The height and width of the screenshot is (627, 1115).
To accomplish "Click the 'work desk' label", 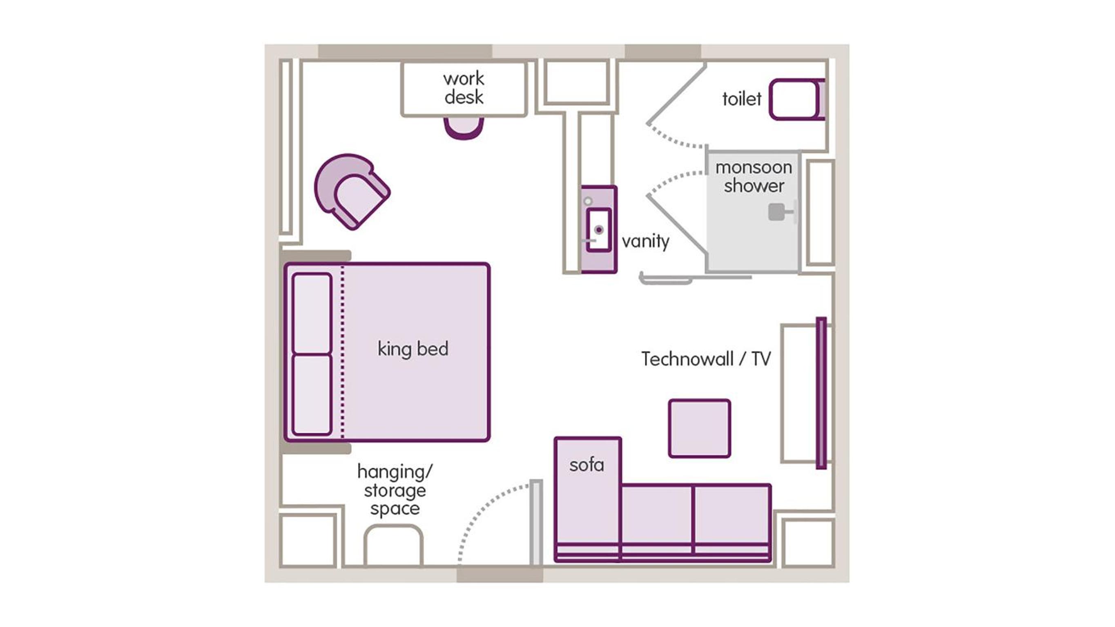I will point(464,88).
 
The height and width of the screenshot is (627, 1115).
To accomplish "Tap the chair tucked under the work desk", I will point(464,128).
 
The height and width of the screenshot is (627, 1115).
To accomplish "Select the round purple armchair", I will point(352,191).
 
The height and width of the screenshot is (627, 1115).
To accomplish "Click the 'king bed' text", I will point(413,349).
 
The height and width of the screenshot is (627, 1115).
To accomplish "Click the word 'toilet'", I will point(741,99).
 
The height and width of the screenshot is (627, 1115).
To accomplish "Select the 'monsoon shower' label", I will point(754,176).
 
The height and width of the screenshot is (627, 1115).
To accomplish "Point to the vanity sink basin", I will point(599,230).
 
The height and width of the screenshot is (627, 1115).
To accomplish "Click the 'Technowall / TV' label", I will point(705,359).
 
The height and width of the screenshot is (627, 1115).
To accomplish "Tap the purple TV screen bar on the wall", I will point(821,393).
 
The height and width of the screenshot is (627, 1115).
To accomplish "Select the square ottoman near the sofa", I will point(700,428).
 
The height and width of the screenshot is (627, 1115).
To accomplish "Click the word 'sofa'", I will point(586,465).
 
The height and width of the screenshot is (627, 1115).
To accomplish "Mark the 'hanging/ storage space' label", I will point(394,490).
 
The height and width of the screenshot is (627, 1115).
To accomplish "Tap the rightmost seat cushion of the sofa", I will point(731,515).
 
